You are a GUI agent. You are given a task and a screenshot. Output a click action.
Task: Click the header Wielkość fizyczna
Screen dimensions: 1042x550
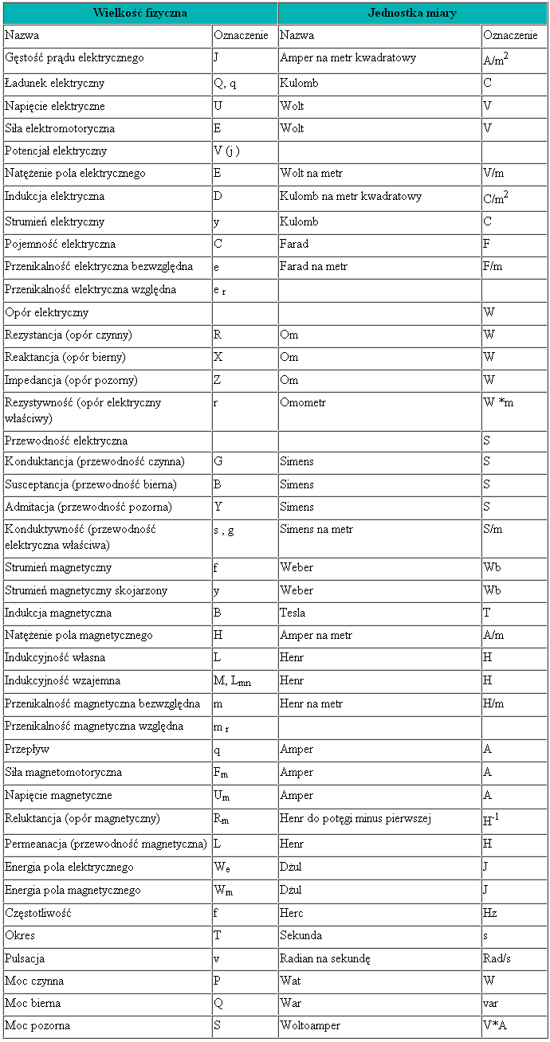[x=139, y=13]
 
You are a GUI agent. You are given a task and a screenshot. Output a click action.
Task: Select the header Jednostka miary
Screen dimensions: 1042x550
[x=412, y=13]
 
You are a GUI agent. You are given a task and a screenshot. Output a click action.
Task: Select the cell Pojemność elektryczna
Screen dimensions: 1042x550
[x=60, y=244]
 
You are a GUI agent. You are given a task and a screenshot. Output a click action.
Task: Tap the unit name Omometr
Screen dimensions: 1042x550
[x=303, y=402]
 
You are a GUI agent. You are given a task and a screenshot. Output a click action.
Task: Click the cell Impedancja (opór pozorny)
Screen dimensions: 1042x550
[x=71, y=379]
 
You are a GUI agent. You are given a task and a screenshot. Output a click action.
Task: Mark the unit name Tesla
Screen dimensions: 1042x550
[x=293, y=613]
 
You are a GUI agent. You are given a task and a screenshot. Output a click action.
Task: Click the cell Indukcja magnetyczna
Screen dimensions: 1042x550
[x=58, y=613]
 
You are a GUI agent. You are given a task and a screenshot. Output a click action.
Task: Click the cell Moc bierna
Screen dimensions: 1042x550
[x=33, y=1003]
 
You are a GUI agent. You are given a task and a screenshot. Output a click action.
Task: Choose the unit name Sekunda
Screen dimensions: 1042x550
[x=300, y=935]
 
